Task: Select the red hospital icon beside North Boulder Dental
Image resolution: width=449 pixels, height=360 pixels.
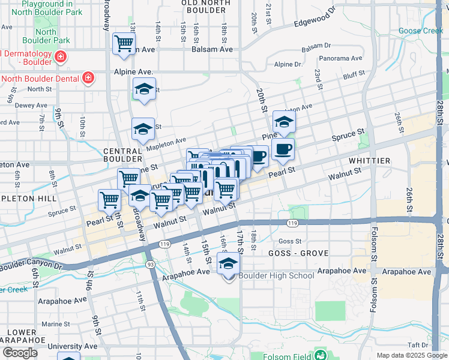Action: click(88, 77)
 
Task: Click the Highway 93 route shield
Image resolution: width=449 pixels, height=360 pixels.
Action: click(148, 265)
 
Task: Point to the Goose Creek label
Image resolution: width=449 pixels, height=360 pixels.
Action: click(421, 31)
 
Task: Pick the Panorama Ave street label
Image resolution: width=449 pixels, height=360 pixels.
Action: click(340, 59)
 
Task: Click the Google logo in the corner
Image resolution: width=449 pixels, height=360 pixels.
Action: click(20, 352)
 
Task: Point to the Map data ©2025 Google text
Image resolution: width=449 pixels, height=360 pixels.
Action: click(411, 355)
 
